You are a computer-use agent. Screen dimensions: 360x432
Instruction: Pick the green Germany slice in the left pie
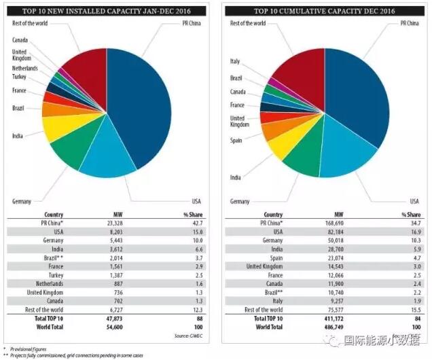(75, 153)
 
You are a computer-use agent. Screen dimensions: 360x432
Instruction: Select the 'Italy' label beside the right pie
(235, 62)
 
